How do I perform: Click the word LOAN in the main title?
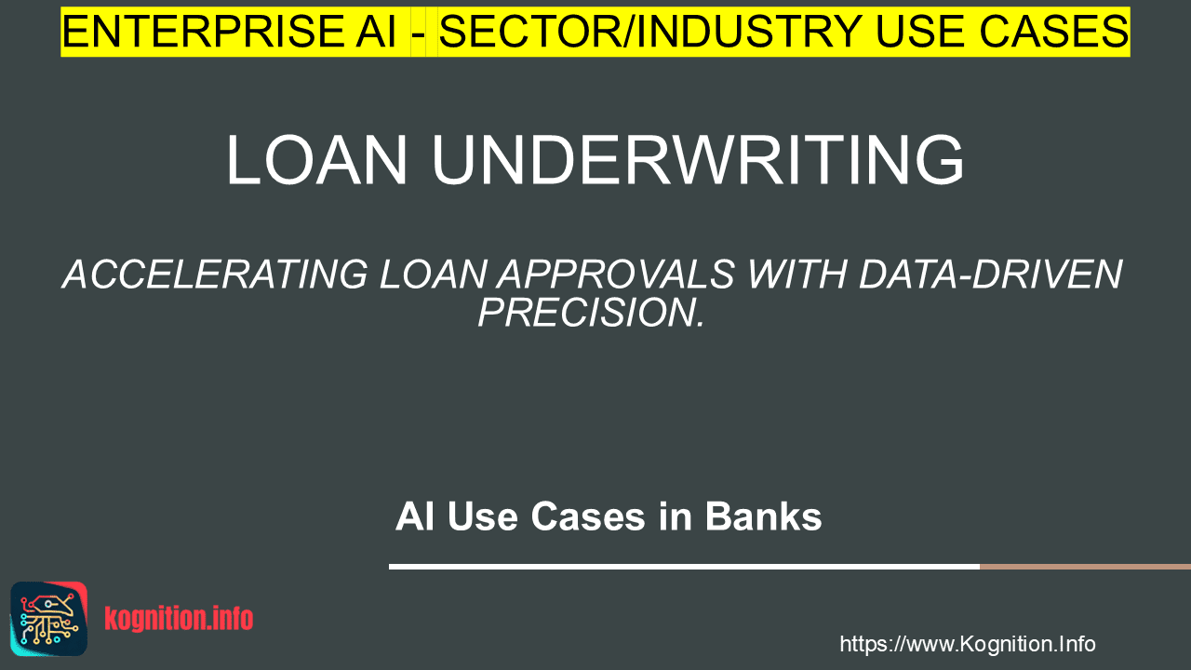click(317, 160)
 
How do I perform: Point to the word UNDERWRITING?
click(698, 160)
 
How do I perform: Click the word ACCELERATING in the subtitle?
click(215, 275)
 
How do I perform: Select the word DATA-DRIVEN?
click(991, 275)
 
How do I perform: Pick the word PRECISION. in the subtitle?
click(591, 313)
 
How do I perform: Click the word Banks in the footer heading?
click(764, 516)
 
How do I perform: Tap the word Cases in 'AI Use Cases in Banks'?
click(588, 516)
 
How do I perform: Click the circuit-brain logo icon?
click(49, 619)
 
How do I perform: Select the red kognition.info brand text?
click(179, 619)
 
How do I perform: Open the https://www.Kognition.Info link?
click(968, 644)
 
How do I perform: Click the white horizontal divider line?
click(684, 567)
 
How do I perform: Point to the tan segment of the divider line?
click(1085, 567)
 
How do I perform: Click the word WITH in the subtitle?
click(797, 275)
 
